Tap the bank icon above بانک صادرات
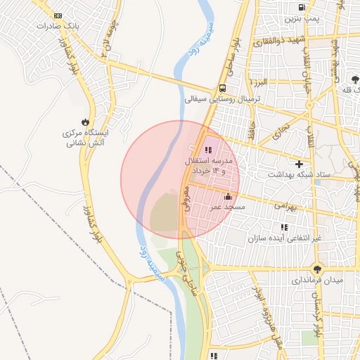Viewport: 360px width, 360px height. click(x=57, y=15)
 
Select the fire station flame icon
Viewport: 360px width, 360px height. click(x=86, y=121)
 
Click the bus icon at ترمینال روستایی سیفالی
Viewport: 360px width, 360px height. click(x=222, y=89)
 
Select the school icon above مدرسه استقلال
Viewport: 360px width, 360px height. click(x=207, y=150)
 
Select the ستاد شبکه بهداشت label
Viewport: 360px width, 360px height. click(x=298, y=173)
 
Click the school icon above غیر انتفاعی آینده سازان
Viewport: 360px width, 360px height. click(x=284, y=227)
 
